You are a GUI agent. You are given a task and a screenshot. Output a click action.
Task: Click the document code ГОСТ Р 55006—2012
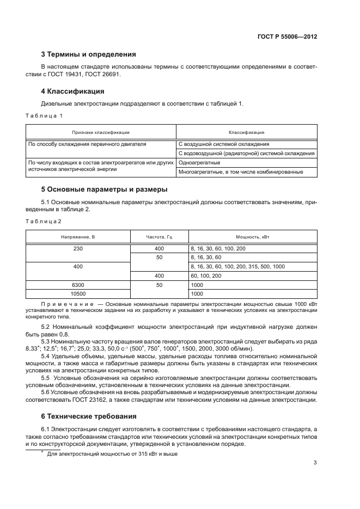[x=287, y=37]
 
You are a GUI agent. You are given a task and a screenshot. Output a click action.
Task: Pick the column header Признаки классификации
[x=101, y=132]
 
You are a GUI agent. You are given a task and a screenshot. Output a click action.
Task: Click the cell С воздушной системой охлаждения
[x=223, y=144]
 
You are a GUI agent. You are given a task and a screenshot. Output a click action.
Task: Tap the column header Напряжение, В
[x=78, y=237]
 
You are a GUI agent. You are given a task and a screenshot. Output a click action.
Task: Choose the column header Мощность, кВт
[x=252, y=237]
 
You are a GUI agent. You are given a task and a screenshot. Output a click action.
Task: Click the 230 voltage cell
[x=78, y=248]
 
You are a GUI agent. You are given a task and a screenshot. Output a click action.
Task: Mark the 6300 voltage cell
[x=78, y=285]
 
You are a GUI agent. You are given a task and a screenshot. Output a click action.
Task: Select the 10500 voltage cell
[x=78, y=294]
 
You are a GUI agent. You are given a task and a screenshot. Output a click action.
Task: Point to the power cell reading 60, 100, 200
[x=206, y=276]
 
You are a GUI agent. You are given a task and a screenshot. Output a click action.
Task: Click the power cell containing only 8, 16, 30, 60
[x=206, y=257]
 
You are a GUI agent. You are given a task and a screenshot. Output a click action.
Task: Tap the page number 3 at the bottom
[x=315, y=463]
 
